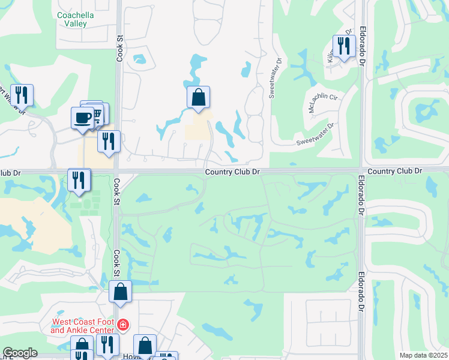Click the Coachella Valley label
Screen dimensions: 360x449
pos(72,19)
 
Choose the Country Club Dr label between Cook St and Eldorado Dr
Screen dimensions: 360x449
pos(232,172)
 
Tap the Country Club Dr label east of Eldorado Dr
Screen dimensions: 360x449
pos(395,171)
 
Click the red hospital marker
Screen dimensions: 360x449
pos(123,326)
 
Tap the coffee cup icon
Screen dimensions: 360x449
pos(82,118)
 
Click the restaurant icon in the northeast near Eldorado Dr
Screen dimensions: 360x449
pos(343,46)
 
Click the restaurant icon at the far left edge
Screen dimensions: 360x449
pos(22,95)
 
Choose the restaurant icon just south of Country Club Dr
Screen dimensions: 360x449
pos(79,179)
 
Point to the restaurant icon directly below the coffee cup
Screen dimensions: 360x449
pos(108,142)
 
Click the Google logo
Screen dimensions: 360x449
pos(20,353)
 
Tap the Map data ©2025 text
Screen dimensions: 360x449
pos(423,355)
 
